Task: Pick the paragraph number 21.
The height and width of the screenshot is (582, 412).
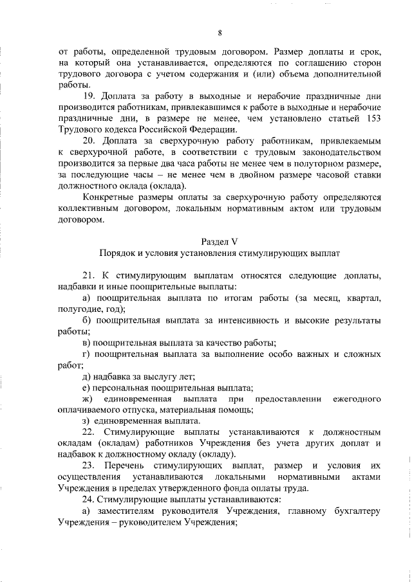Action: pos(89,275)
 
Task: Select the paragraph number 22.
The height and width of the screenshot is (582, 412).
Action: pos(89,432)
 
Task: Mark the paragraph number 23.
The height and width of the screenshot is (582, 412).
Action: pos(89,464)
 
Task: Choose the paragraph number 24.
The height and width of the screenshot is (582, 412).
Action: pos(89,498)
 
